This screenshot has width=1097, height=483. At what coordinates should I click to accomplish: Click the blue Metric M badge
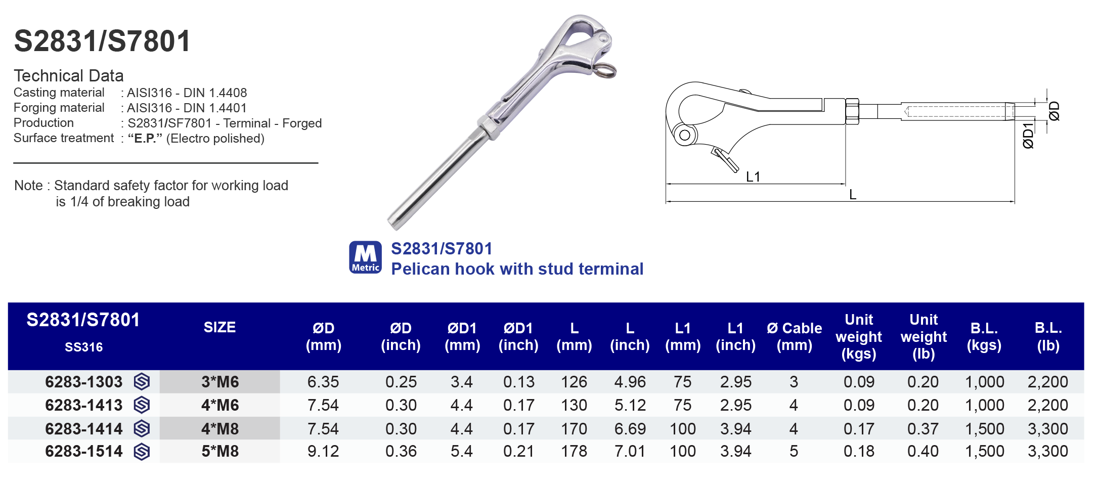point(365,257)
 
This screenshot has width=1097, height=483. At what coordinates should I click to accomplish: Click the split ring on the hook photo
point(605,70)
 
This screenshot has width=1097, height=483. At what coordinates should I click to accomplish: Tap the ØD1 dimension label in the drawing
point(1028,136)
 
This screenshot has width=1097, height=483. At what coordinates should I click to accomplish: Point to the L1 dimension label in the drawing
point(753,177)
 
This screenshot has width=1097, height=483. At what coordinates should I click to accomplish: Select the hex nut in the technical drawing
point(852,111)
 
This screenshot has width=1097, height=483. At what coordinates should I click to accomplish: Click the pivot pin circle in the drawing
point(684,135)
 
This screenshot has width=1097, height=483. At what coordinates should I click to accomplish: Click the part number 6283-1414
point(83,429)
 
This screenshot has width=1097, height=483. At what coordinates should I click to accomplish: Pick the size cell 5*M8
point(220,451)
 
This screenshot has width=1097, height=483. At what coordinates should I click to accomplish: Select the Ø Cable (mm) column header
point(794,336)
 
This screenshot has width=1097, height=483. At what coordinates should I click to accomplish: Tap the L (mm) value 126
point(574,382)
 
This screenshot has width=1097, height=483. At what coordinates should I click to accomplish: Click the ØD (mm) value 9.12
point(323,451)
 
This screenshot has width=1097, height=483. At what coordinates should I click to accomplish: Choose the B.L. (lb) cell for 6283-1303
point(1047,382)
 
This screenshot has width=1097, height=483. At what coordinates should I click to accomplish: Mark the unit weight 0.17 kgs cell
point(858,429)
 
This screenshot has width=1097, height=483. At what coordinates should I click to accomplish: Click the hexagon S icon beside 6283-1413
point(142,405)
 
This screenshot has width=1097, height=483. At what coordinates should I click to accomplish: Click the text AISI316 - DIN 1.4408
point(187,93)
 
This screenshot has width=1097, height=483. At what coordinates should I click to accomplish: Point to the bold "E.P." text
point(145,139)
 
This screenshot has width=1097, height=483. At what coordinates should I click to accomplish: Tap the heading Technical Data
point(69,75)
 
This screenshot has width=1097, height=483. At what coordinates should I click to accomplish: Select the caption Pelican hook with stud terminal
point(517,269)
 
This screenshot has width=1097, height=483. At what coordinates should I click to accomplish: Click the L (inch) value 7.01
point(630,451)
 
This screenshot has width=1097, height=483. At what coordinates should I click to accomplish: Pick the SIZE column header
point(220,327)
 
